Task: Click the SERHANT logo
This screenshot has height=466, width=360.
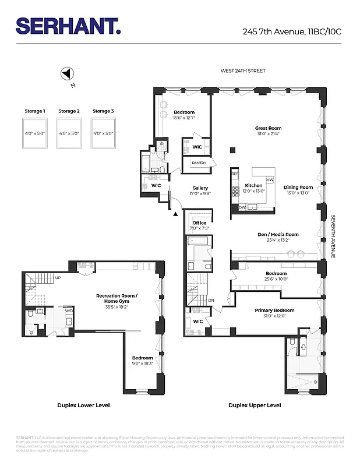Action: (68, 26)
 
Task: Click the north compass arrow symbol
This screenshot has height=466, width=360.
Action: (67, 74)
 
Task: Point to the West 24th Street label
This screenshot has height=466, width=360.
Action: (242, 71)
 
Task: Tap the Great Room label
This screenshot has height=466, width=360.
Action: (268, 128)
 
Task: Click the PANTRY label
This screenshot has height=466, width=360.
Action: (199, 163)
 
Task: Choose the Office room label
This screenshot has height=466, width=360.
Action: (199, 223)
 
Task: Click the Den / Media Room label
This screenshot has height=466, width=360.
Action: (278, 235)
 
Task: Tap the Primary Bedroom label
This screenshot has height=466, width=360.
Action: (274, 310)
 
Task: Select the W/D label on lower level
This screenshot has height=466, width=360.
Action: (69, 311)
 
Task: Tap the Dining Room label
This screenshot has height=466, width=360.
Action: (298, 188)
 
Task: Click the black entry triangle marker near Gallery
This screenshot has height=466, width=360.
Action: (175, 214)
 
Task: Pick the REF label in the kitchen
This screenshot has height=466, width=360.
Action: (235, 174)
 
